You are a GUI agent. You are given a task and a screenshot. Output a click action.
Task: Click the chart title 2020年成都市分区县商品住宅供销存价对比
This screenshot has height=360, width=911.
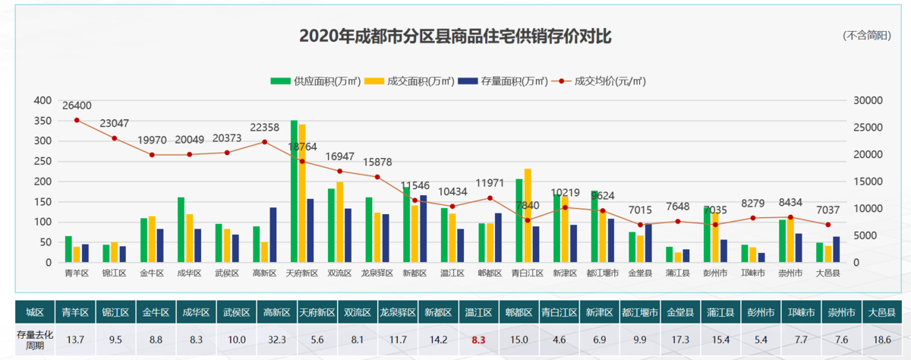455,36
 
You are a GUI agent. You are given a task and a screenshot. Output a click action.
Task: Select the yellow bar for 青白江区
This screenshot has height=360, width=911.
528,216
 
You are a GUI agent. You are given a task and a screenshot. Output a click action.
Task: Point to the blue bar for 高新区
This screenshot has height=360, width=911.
273,235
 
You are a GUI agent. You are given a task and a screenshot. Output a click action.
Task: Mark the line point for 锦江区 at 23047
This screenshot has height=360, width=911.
115,138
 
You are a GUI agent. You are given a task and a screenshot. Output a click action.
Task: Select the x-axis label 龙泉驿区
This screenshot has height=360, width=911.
377,273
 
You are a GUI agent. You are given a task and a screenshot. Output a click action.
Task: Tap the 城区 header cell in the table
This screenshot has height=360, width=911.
35,312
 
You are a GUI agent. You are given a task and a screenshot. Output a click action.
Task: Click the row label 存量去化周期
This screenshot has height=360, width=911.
35,340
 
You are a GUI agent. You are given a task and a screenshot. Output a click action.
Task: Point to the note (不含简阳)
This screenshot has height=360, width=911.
866,36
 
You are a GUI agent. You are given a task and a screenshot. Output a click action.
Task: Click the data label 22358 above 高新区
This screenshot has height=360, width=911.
264,127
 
